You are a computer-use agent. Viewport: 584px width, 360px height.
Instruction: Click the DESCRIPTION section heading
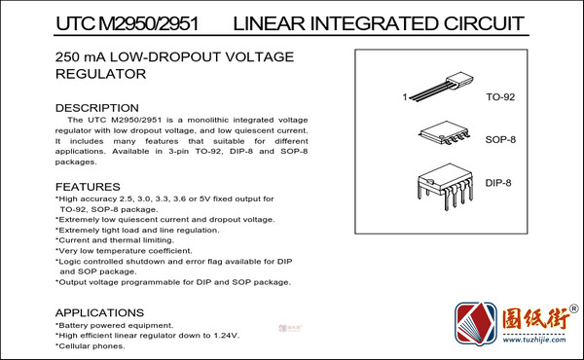click(x=96, y=108)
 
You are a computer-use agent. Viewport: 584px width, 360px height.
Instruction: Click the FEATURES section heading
click(x=88, y=187)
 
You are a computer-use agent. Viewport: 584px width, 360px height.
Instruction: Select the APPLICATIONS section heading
click(x=99, y=312)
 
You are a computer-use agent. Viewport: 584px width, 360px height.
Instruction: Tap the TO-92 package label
click(x=500, y=97)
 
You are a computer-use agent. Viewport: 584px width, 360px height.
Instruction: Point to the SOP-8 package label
click(x=500, y=139)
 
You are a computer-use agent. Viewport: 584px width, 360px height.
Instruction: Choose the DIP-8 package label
click(x=498, y=183)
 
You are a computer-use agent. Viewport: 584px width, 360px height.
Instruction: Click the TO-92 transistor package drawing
click(x=441, y=87)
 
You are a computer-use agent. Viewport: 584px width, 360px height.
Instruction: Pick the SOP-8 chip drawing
click(x=444, y=132)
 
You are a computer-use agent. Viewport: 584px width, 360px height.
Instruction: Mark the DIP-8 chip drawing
click(x=445, y=187)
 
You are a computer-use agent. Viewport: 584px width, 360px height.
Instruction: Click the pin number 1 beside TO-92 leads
click(x=405, y=97)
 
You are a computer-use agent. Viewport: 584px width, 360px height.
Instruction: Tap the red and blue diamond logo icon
click(x=476, y=324)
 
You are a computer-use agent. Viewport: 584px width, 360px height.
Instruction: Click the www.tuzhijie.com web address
click(x=534, y=340)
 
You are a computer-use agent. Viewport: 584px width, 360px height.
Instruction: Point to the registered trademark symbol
click(x=574, y=308)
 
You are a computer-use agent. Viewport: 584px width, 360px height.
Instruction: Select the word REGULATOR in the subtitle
click(x=100, y=74)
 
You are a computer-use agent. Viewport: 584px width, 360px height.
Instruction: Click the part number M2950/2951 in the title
click(x=149, y=23)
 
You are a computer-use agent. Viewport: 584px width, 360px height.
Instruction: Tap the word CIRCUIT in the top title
click(x=484, y=23)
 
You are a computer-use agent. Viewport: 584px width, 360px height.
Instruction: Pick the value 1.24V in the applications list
click(x=227, y=336)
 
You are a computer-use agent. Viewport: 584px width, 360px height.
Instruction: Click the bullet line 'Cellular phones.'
click(x=91, y=346)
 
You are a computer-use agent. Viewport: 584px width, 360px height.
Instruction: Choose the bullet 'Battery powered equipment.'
click(x=114, y=325)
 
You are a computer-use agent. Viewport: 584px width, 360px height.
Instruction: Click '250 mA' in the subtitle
click(x=81, y=57)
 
